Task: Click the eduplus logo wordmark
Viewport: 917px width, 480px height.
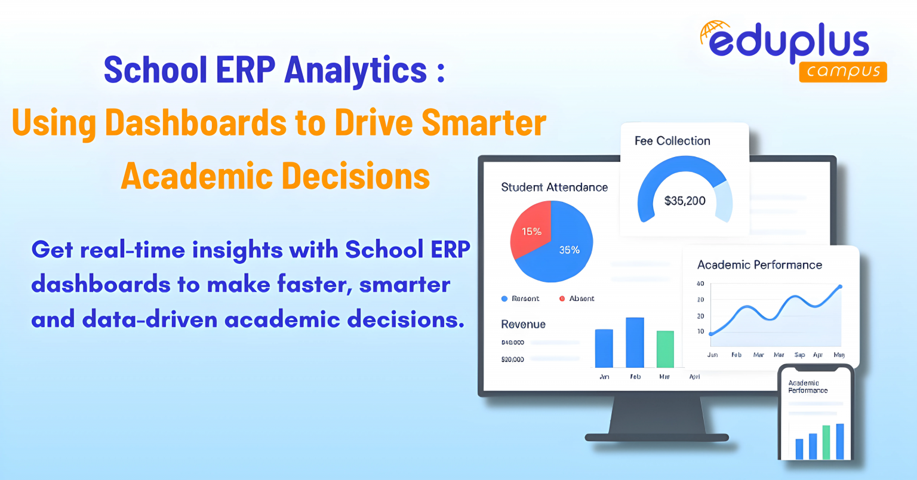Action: click(x=788, y=43)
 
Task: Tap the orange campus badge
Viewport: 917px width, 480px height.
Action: click(x=843, y=72)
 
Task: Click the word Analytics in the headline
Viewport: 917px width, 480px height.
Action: click(x=356, y=70)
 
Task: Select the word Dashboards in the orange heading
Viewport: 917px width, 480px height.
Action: click(x=196, y=123)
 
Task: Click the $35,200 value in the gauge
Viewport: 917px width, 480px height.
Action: click(x=685, y=201)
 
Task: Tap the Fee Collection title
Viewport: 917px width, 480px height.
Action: click(x=672, y=141)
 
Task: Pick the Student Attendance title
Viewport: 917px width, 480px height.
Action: click(x=554, y=187)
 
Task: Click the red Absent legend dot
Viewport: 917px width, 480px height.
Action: click(x=562, y=299)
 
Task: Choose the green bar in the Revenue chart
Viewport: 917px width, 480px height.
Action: click(x=665, y=349)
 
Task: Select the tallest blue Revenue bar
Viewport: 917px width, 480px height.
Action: click(x=635, y=343)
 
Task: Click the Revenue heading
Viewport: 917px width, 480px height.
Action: click(x=523, y=324)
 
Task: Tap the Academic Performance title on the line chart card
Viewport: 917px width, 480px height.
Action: click(x=759, y=265)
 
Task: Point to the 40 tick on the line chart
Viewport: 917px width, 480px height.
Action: click(x=700, y=284)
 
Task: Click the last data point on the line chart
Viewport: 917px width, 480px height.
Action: click(x=840, y=287)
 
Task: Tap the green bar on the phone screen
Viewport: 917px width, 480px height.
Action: click(x=826, y=442)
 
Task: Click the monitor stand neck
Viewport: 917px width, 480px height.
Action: click(x=657, y=415)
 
